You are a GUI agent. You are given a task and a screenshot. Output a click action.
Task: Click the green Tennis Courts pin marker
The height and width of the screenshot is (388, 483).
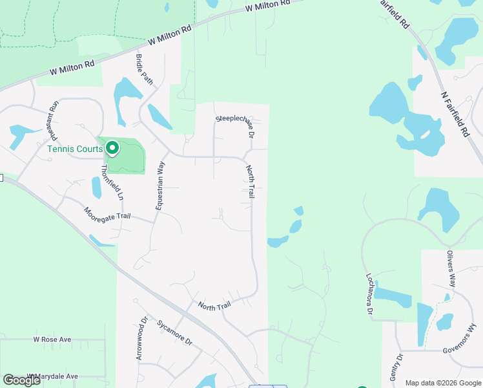(x=112, y=149)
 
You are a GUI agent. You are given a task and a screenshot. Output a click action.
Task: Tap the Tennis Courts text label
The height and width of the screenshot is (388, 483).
(x=74, y=149)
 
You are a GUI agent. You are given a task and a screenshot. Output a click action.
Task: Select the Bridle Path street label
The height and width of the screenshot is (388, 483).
(x=145, y=70)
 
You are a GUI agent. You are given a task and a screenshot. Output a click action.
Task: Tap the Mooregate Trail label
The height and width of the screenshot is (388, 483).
(x=107, y=213)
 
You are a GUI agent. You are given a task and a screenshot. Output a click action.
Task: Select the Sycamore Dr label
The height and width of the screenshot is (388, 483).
(x=174, y=332)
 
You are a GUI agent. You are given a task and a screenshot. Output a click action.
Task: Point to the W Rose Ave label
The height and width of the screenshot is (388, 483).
(x=53, y=339)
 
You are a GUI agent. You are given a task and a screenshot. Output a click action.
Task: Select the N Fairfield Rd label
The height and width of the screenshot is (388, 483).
(x=455, y=114)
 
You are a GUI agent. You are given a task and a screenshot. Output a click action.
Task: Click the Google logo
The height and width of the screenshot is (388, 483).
(x=22, y=380)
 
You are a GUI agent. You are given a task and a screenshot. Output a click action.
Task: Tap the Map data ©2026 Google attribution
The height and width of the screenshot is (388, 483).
(x=443, y=383)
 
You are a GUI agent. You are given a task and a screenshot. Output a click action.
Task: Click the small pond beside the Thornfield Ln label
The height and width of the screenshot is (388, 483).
(x=97, y=188)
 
